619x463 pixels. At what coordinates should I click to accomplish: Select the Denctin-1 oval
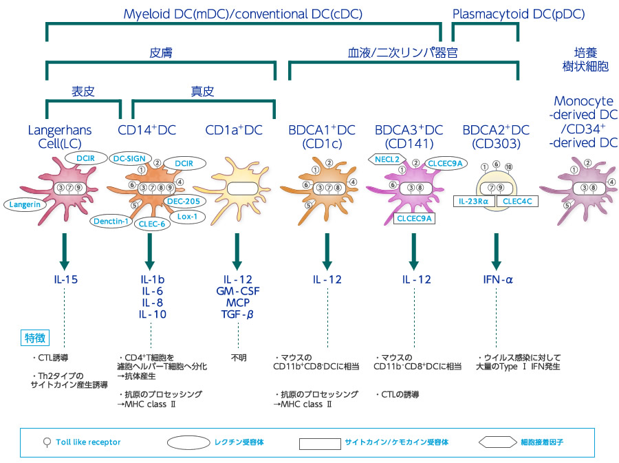(111, 221)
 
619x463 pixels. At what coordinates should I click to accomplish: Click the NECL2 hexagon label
(387, 160)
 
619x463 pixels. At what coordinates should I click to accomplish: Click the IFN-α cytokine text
(495, 280)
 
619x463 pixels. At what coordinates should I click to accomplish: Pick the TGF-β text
(237, 315)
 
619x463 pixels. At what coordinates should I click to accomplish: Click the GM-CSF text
(237, 292)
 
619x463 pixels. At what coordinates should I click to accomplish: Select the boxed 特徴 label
(34, 338)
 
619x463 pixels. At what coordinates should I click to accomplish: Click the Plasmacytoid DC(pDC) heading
(518, 13)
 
